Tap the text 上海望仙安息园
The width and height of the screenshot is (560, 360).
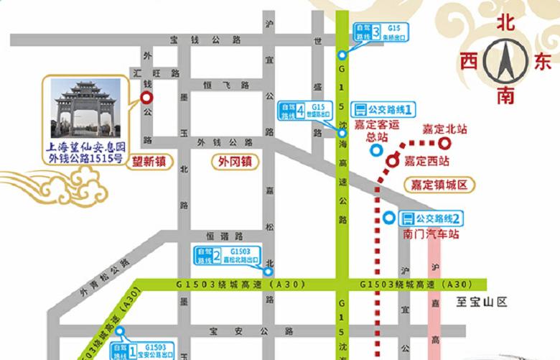(x=85, y=146)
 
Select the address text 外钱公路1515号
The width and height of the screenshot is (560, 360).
(x=85, y=158)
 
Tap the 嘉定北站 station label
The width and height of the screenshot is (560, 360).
(x=444, y=130)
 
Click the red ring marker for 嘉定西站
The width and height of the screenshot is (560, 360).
(x=393, y=161)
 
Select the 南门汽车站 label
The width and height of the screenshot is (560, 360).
(x=431, y=234)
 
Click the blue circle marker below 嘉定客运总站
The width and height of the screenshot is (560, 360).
(x=375, y=151)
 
